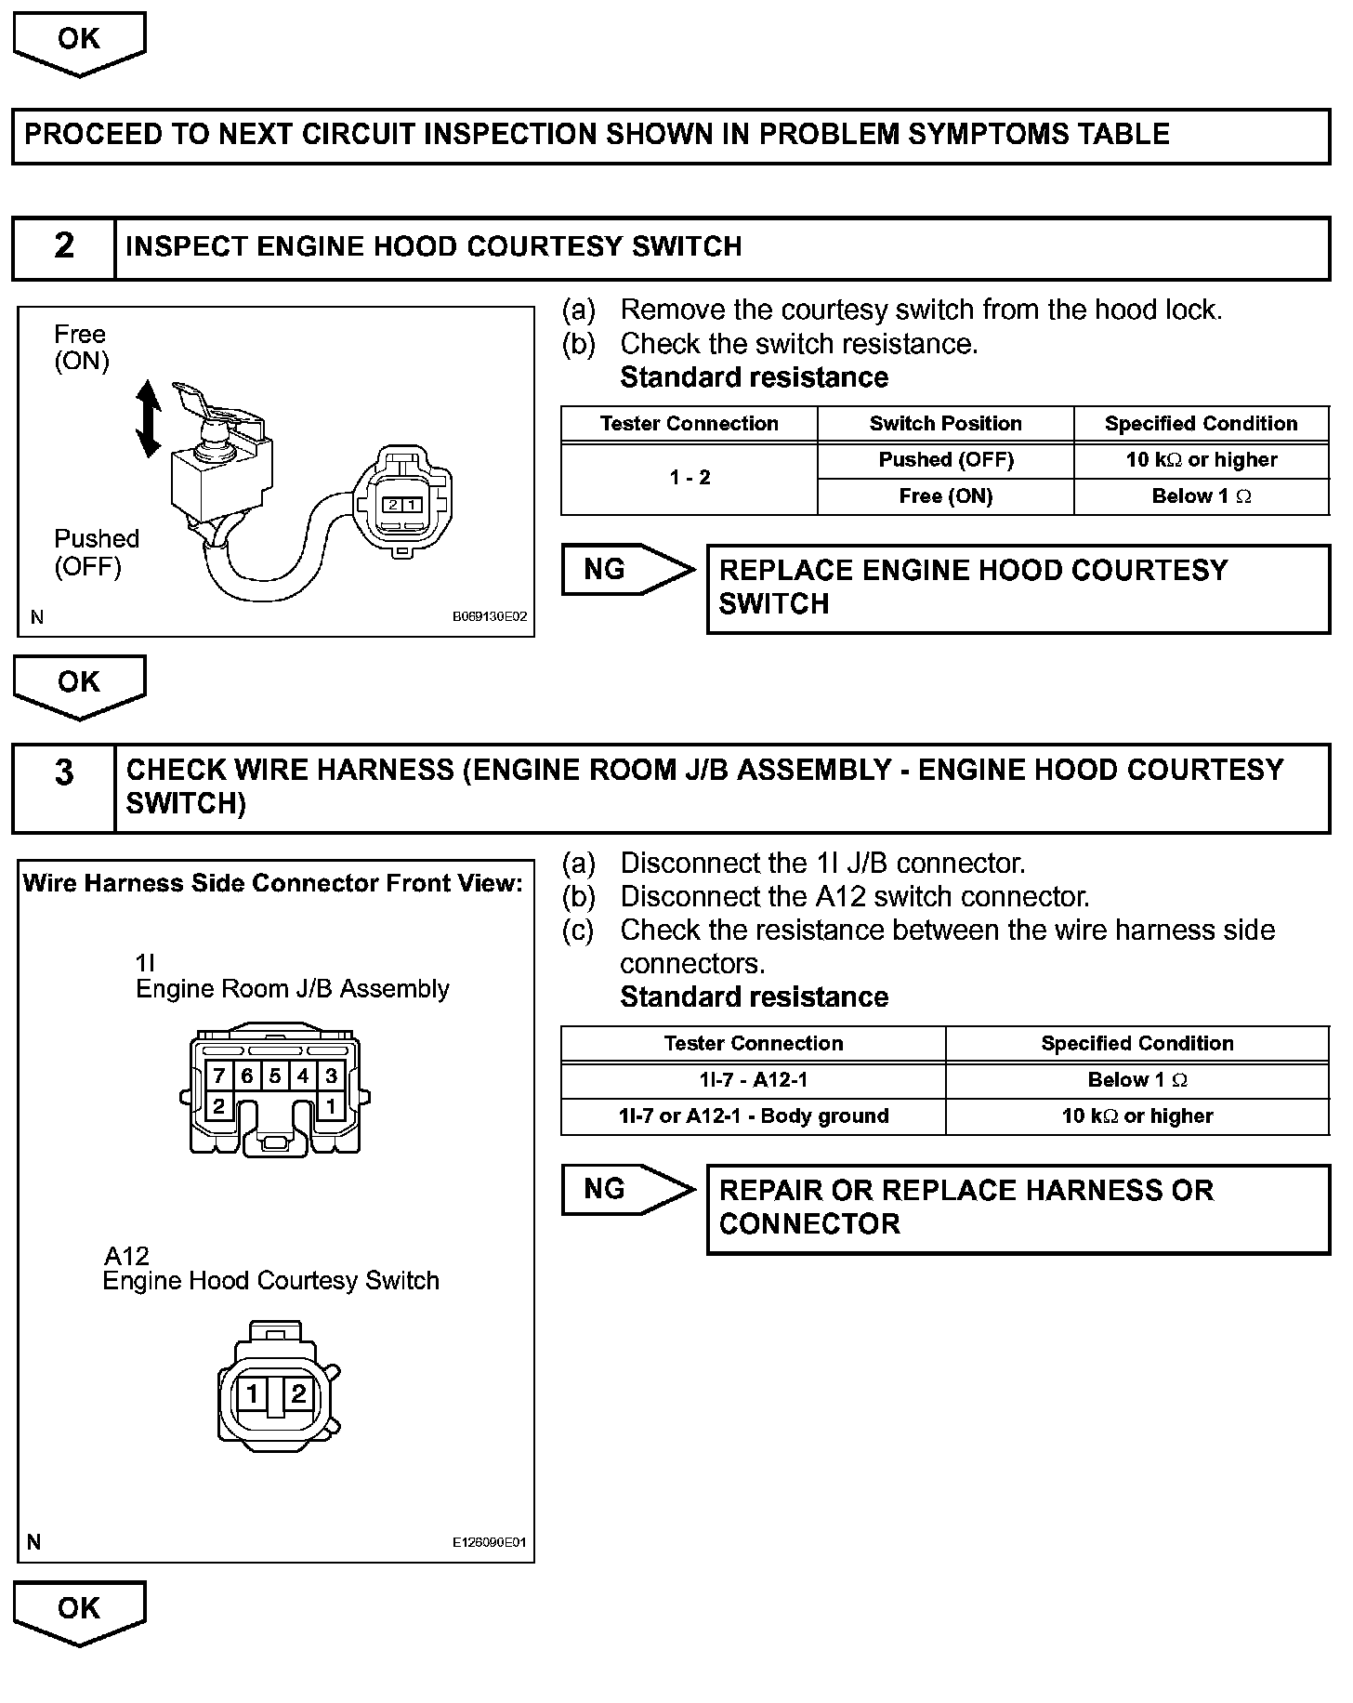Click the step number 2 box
tap(63, 247)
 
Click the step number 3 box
tap(63, 787)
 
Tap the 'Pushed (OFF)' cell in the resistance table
tap(945, 460)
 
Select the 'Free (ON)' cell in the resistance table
tap(945, 496)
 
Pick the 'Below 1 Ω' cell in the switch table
tap(1201, 496)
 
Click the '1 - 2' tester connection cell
tap(690, 478)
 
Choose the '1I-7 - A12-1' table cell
tap(753, 1080)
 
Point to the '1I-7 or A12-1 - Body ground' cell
tap(753, 1116)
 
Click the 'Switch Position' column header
tap(945, 424)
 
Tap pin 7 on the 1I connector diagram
tap(219, 1076)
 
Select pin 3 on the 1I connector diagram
tap(331, 1076)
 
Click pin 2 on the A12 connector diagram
tap(298, 1393)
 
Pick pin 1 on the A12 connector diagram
tap(252, 1393)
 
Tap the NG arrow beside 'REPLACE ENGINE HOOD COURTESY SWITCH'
tap(627, 570)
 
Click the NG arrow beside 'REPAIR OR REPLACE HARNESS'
tap(627, 1190)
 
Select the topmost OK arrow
tap(79, 43)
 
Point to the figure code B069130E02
tap(490, 616)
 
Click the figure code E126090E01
tap(490, 1542)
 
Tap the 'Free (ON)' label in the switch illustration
tap(81, 348)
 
